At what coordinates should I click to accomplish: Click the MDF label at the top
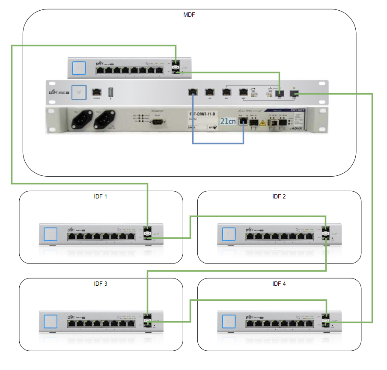coord(189,15)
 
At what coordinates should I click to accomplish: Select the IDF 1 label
coord(101,197)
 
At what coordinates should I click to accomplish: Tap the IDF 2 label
coord(279,197)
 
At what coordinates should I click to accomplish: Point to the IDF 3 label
coord(101,284)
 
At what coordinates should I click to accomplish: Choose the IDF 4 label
coord(279,284)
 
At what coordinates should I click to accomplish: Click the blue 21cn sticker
coord(228,121)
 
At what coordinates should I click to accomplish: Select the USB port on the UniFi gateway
coord(111,92)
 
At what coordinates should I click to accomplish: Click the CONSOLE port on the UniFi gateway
coord(97,92)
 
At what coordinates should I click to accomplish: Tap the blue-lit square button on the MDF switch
coord(79,68)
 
